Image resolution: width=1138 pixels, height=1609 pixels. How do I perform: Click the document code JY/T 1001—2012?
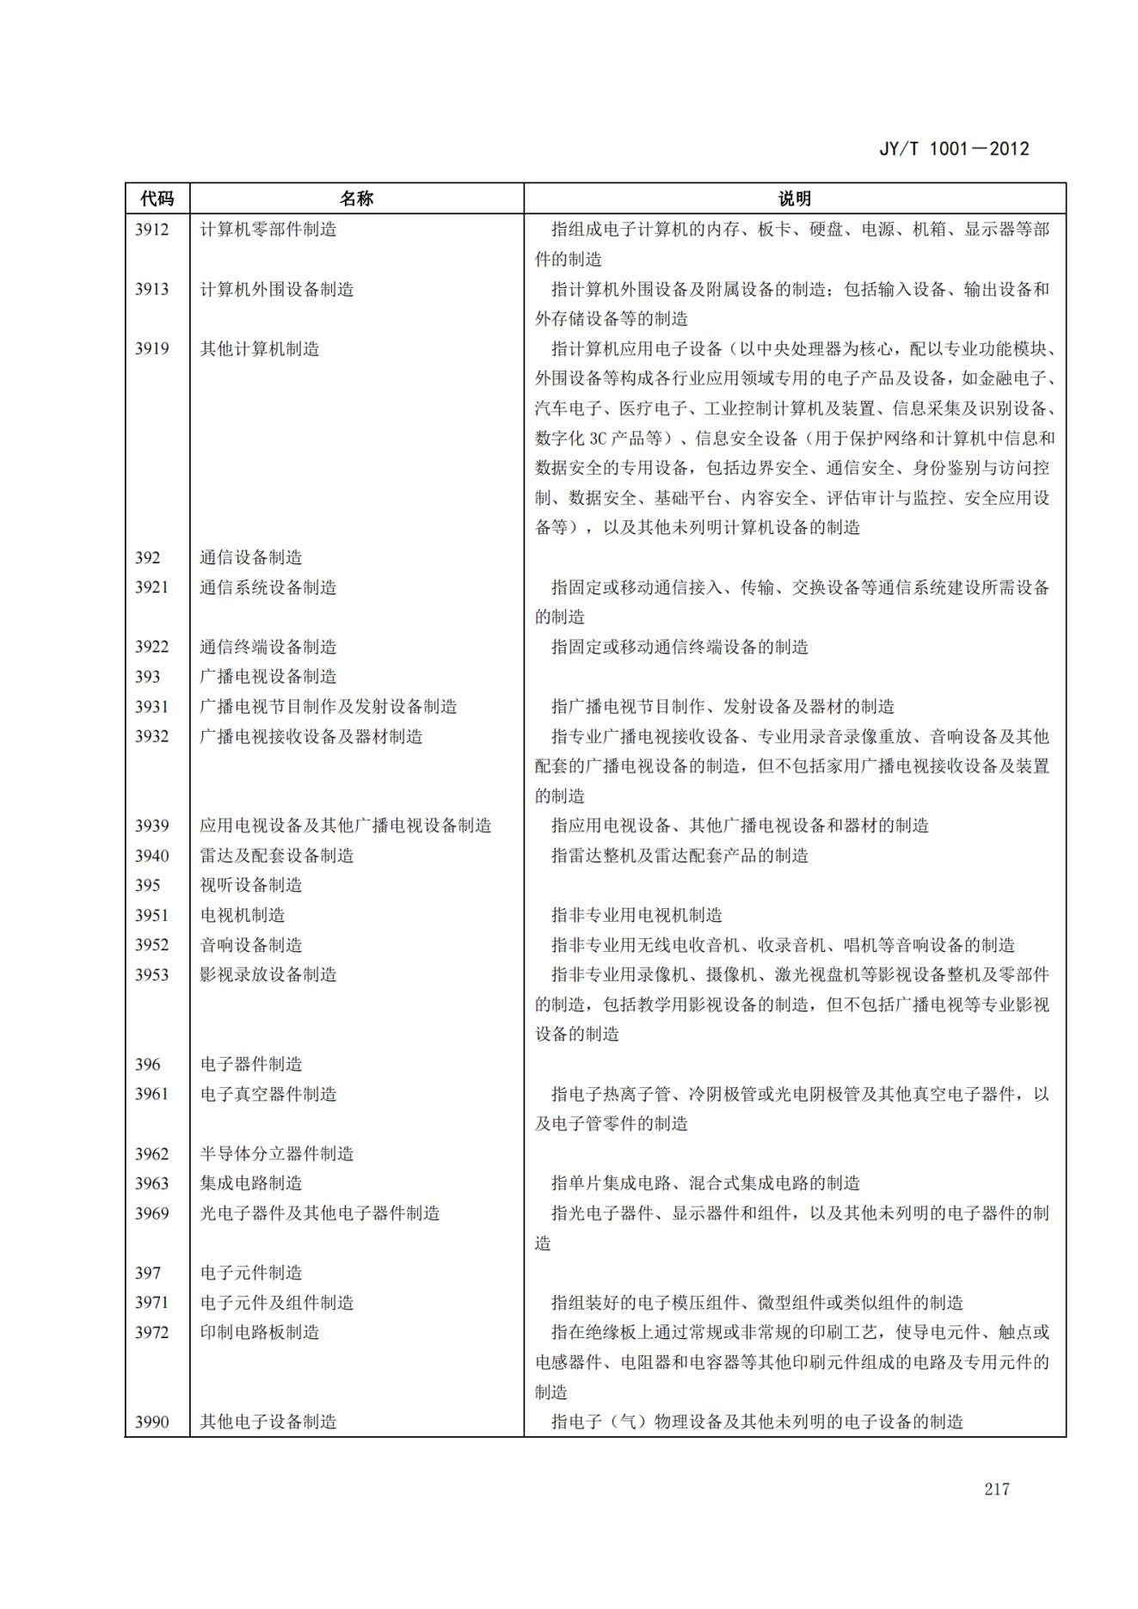pyautogui.click(x=953, y=149)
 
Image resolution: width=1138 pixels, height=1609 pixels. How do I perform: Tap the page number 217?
pyautogui.click(x=997, y=1489)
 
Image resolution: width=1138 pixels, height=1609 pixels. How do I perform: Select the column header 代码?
pyautogui.click(x=157, y=199)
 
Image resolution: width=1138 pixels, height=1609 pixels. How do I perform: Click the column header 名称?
pyautogui.click(x=356, y=199)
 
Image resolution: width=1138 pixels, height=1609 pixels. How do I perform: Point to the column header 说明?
pyautogui.click(x=794, y=199)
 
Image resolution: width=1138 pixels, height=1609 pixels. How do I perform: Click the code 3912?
pyautogui.click(x=151, y=230)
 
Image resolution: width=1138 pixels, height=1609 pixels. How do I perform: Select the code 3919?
pyautogui.click(x=151, y=349)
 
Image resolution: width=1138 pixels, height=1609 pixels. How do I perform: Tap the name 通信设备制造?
pyautogui.click(x=251, y=557)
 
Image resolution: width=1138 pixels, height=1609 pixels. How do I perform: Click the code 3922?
pyautogui.click(x=151, y=647)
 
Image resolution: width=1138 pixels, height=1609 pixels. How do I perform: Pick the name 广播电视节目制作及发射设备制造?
pyautogui.click(x=329, y=706)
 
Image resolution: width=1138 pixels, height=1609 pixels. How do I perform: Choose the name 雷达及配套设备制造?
pyautogui.click(x=277, y=856)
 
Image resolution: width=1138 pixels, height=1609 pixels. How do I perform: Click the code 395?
pyautogui.click(x=148, y=885)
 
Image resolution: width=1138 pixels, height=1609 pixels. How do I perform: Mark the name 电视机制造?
pyautogui.click(x=243, y=915)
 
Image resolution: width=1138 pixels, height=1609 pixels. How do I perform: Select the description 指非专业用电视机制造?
pyautogui.click(x=637, y=915)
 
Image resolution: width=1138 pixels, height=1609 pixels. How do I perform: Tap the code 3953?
pyautogui.click(x=151, y=974)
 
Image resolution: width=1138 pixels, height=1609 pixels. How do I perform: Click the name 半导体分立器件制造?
pyautogui.click(x=277, y=1153)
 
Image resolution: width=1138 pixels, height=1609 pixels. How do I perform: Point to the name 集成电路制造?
pyautogui.click(x=251, y=1183)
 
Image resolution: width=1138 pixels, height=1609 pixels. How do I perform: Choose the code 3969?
pyautogui.click(x=151, y=1213)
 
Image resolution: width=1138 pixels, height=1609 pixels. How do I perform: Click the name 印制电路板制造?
pyautogui.click(x=260, y=1332)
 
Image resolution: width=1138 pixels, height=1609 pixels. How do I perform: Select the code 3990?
pyautogui.click(x=151, y=1422)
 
